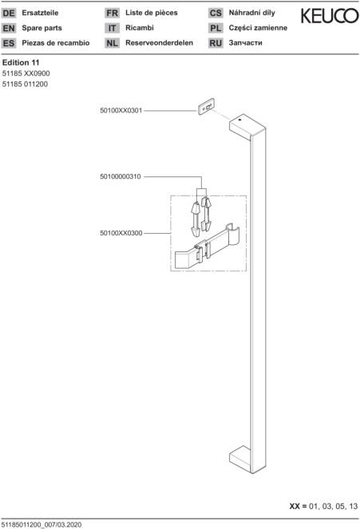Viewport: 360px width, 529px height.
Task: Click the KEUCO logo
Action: [x=330, y=16]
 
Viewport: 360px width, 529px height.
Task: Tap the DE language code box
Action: [x=9, y=13]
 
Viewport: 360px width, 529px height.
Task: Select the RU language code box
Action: [x=216, y=43]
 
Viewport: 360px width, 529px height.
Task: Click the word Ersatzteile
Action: [x=40, y=13]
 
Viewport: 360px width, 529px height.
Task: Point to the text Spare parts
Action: [x=42, y=28]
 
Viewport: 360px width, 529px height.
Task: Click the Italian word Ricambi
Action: [x=140, y=28]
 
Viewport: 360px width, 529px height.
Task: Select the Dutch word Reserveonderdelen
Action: [x=160, y=43]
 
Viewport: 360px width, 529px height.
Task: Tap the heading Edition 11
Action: [x=21, y=62]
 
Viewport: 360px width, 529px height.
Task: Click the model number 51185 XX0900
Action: [x=26, y=73]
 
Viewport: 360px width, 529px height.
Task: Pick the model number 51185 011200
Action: [x=25, y=84]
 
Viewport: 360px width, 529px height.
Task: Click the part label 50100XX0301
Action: [x=121, y=110]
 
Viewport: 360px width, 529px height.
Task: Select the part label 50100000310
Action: [x=121, y=176]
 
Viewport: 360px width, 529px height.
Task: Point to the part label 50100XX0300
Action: [x=121, y=233]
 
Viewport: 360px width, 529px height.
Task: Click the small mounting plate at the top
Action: [x=206, y=107]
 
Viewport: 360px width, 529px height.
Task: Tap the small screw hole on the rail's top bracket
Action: [x=240, y=120]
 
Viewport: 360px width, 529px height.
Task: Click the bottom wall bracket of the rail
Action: [x=240, y=457]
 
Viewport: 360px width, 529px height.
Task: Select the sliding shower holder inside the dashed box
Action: [x=208, y=247]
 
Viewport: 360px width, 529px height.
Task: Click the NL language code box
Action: [x=112, y=43]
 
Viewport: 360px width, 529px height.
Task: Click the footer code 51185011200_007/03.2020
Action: [x=42, y=525]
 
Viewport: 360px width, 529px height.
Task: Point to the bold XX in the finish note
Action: [x=295, y=506]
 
